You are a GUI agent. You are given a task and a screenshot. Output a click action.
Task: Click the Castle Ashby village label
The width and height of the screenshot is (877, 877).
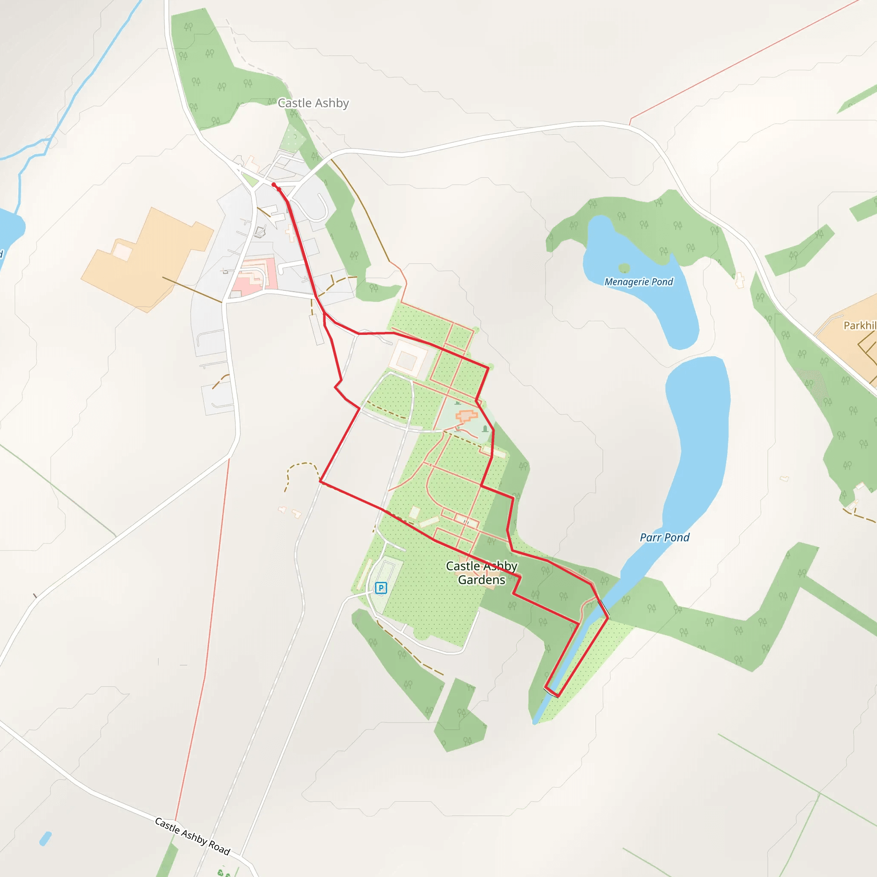[313, 103]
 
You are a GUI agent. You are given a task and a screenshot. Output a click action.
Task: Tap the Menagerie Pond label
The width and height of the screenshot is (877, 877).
[638, 282]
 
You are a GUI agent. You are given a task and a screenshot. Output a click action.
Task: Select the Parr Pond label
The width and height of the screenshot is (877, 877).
[665, 537]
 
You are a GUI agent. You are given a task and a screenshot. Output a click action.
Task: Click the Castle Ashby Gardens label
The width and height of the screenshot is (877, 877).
[482, 573]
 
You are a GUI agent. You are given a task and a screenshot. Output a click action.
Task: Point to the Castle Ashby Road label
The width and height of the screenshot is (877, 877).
[192, 836]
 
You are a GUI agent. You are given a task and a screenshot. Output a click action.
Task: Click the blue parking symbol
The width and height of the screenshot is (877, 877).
[381, 588]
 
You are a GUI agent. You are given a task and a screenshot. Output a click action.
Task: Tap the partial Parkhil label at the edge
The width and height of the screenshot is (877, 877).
[860, 325]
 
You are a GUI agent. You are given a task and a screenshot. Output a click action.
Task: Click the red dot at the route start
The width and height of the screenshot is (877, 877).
[274, 184]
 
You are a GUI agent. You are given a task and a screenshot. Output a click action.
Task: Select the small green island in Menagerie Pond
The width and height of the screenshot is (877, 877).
[624, 268]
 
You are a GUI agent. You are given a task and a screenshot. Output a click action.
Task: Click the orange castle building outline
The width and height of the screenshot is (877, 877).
[467, 415]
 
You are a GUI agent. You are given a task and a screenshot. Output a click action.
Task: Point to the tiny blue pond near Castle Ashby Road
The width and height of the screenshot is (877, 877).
[45, 838]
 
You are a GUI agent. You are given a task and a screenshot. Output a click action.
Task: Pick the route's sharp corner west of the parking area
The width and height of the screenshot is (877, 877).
[320, 482]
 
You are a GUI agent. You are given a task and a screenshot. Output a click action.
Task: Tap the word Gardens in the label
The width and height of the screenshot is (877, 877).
[482, 580]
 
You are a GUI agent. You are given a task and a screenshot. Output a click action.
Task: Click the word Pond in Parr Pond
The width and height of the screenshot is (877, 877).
[677, 537]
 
